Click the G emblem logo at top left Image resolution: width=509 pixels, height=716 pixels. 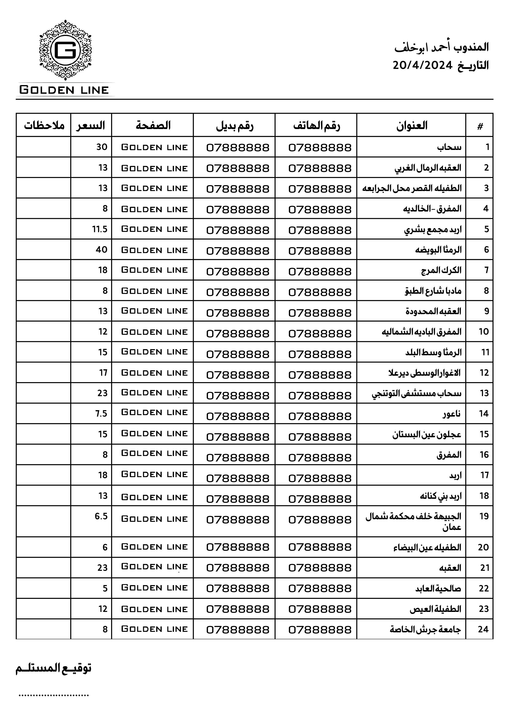click(x=65, y=50)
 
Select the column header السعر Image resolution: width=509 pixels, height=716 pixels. click(x=91, y=125)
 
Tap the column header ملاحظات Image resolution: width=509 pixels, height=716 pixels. click(x=44, y=125)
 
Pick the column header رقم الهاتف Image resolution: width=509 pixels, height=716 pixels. click(x=316, y=126)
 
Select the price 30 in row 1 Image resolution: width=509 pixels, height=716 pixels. click(x=102, y=147)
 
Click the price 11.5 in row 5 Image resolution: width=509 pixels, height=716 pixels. click(x=100, y=229)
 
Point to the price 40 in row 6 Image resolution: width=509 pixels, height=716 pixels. click(x=102, y=250)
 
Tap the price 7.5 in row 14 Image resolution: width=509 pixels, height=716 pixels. click(x=101, y=413)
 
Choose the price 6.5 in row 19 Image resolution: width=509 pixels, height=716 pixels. click(x=101, y=516)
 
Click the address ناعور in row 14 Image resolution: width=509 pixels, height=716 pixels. click(x=451, y=414)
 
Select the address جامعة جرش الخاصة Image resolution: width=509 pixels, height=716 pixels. click(x=425, y=629)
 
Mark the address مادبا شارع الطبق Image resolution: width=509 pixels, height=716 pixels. click(x=433, y=291)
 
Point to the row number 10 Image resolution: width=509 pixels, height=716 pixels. click(x=484, y=332)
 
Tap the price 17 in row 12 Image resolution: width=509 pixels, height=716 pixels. click(x=103, y=373)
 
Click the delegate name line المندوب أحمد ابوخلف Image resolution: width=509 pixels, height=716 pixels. click(x=441, y=47)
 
